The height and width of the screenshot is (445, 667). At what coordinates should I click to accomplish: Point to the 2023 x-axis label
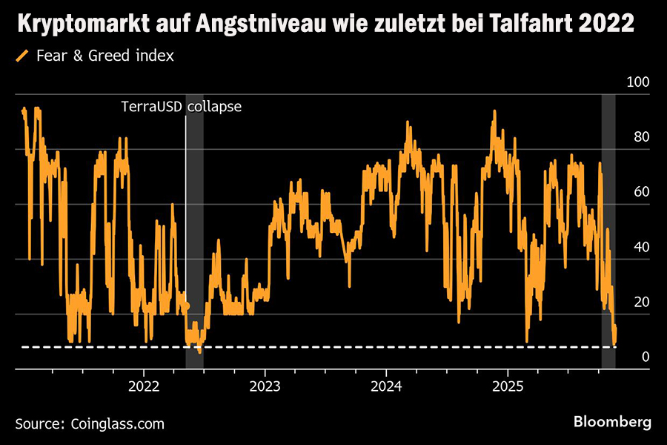click(x=265, y=386)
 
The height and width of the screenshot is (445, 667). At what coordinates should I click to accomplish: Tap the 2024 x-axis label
click(x=386, y=386)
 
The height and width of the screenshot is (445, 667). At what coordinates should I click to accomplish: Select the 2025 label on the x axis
click(x=508, y=386)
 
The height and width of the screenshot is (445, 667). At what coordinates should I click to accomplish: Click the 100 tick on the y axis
click(x=637, y=81)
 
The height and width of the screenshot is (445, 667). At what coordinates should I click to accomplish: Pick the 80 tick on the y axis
click(x=641, y=136)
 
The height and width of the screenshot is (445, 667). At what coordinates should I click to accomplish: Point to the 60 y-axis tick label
click(x=641, y=191)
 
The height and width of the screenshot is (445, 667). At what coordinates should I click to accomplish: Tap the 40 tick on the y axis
click(x=641, y=246)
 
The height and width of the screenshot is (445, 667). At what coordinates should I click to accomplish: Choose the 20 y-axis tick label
click(x=641, y=302)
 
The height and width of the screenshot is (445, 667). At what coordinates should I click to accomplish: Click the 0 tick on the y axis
click(x=645, y=357)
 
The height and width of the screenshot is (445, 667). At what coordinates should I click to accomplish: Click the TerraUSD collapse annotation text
click(x=182, y=106)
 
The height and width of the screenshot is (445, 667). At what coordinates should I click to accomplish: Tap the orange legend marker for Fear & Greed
click(x=21, y=56)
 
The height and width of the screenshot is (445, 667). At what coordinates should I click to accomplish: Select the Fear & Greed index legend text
click(x=104, y=56)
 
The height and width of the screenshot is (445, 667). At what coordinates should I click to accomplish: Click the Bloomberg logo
click(x=612, y=422)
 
